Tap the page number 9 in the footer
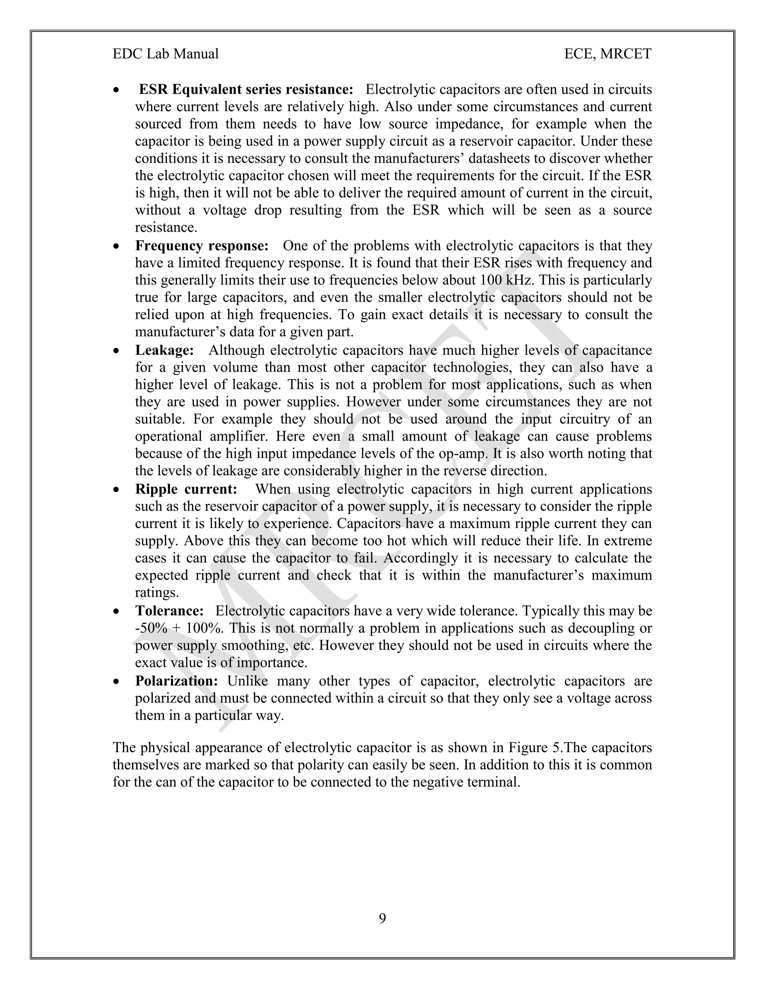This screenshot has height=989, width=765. pyautogui.click(x=382, y=918)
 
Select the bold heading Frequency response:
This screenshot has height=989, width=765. pyautogui.click(x=202, y=246)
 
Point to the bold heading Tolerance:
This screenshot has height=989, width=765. pyautogui.click(x=170, y=611)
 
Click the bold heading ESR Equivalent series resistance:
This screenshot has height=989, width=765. pyautogui.click(x=246, y=90)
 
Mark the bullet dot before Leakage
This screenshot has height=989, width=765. pyautogui.click(x=117, y=351)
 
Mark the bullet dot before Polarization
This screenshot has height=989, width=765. pyautogui.click(x=117, y=681)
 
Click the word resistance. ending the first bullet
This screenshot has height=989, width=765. pyautogui.click(x=166, y=227)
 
